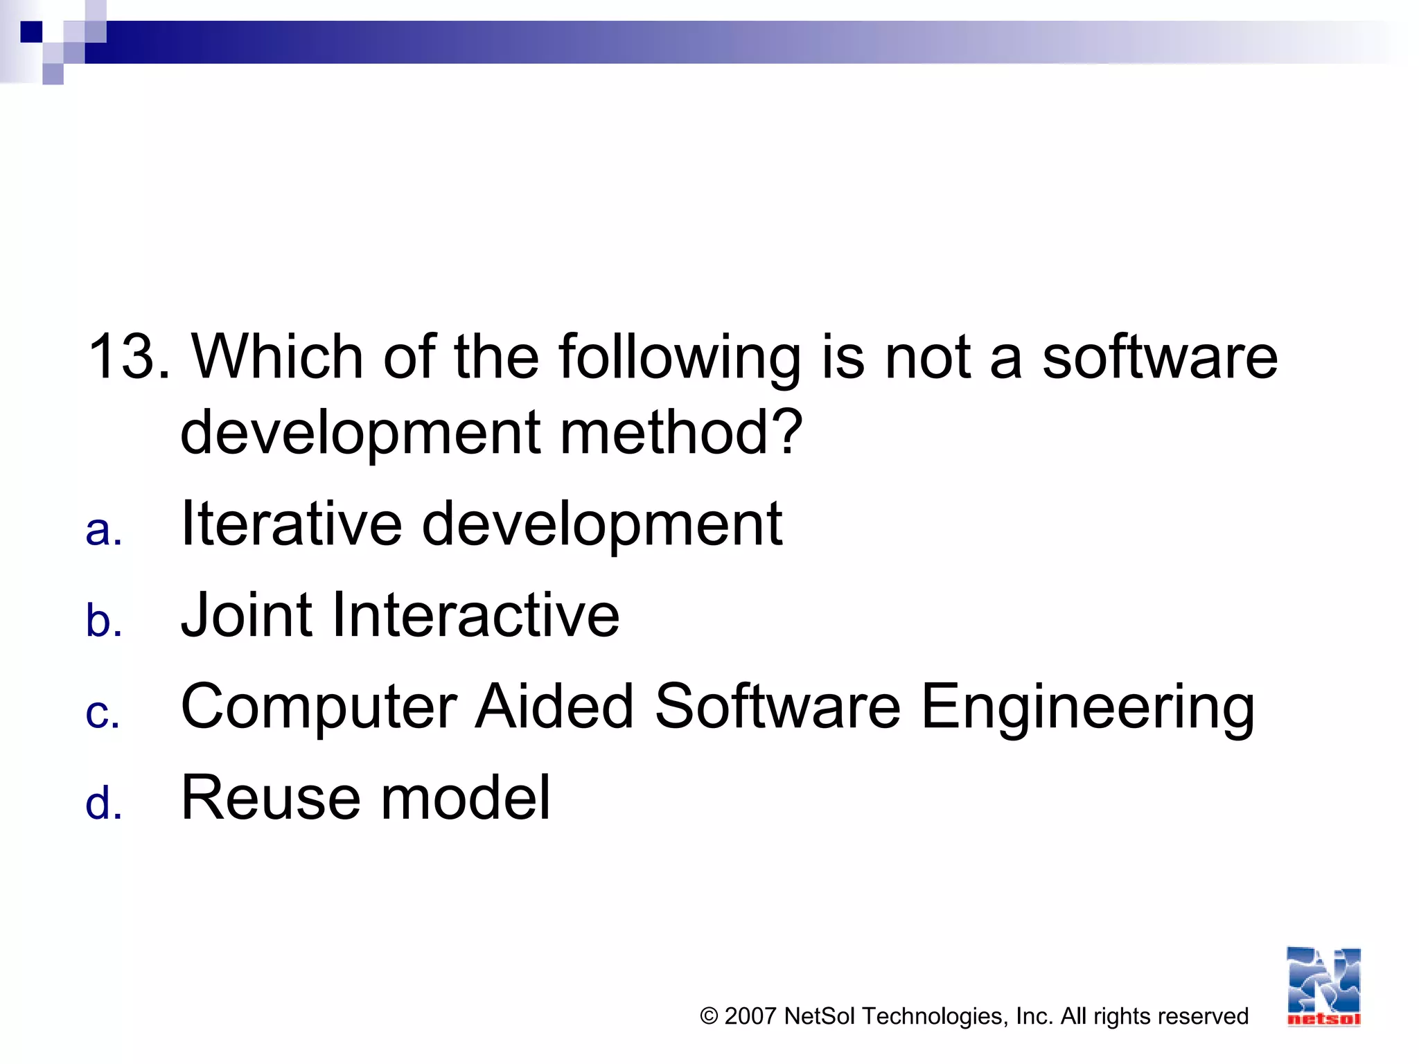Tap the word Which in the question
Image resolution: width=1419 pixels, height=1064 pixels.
(277, 357)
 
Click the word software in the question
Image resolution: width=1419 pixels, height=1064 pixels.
(1159, 357)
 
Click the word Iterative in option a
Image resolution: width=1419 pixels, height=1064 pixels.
(291, 524)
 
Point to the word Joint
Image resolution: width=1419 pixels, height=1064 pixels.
(246, 615)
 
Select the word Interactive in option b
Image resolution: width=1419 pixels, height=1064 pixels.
(475, 615)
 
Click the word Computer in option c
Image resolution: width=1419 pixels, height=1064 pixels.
(319, 708)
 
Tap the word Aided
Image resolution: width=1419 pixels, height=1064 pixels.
(554, 707)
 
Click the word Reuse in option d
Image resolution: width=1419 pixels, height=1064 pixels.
(271, 798)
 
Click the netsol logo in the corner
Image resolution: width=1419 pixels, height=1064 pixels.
(1323, 986)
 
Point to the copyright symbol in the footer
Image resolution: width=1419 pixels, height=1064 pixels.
(709, 1016)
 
